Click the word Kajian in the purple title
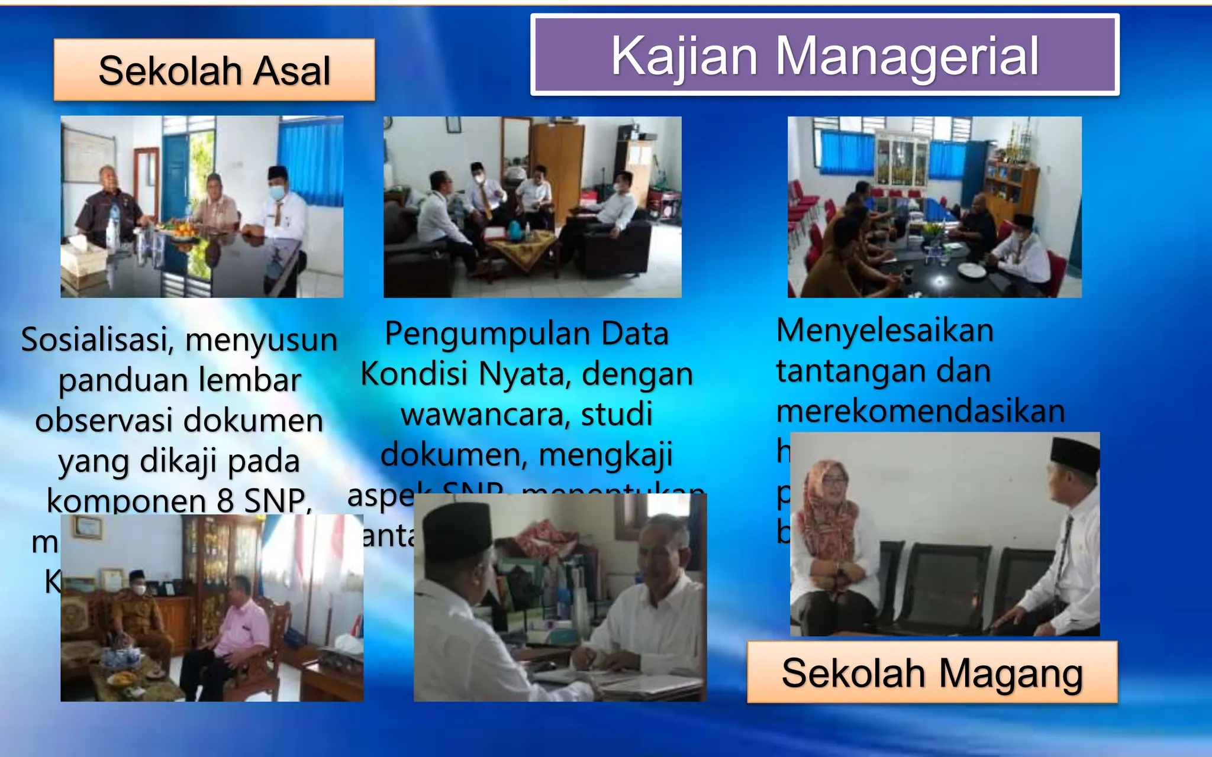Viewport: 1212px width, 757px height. click(x=684, y=57)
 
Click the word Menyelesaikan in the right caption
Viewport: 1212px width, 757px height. click(x=885, y=330)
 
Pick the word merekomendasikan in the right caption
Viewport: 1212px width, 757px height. click(x=920, y=410)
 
